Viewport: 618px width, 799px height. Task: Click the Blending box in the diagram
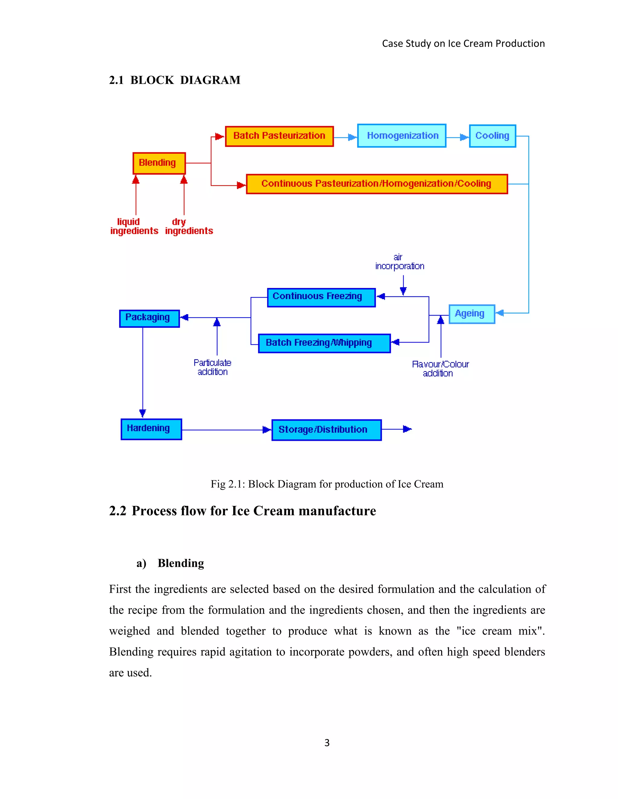pos(159,163)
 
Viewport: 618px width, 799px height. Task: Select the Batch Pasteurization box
pos(279,136)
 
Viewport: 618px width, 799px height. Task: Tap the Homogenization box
pos(402,136)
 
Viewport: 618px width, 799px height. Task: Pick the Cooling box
pos(492,136)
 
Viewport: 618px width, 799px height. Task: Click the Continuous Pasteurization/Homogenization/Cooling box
pos(377,184)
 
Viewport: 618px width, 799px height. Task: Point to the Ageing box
pos(472,314)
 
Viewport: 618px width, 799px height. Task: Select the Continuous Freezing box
pos(321,297)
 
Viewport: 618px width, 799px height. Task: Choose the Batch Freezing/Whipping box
pos(324,343)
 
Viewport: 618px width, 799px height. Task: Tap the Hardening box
pos(151,429)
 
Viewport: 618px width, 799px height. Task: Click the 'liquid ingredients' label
pos(134,226)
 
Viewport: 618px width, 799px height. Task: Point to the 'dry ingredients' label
pos(189,226)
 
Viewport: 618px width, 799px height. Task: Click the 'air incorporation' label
pos(400,262)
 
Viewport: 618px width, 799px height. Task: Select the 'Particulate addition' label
pos(212,367)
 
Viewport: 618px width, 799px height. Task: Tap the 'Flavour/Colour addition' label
pos(440,368)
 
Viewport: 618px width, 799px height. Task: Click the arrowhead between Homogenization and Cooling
pos(464,137)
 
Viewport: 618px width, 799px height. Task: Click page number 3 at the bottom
pos(327,743)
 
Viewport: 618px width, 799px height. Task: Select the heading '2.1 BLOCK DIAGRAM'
pos(175,80)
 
